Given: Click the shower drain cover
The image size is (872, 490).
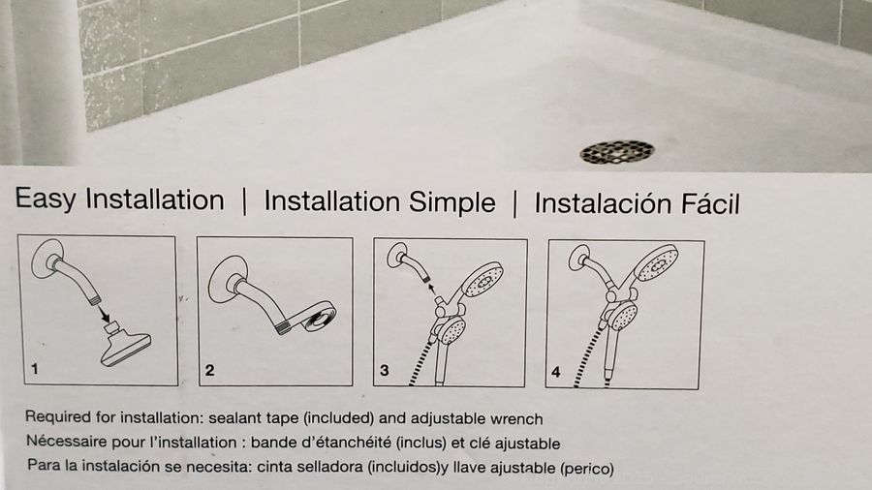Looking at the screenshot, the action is (x=617, y=152).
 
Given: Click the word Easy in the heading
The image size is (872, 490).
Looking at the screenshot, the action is (x=46, y=199).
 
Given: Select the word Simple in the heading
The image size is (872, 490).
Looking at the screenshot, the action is (x=452, y=202).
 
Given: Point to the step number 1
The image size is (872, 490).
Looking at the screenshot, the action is (x=35, y=369).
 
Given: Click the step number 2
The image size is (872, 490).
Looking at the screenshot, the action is (x=209, y=370).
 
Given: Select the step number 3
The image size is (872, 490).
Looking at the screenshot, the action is (x=384, y=371).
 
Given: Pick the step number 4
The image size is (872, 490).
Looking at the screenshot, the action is (x=555, y=372).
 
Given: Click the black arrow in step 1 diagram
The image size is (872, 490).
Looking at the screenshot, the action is (x=104, y=314).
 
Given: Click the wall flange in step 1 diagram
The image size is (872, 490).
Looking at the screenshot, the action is (x=46, y=259).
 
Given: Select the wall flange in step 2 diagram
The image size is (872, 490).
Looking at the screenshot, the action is (x=224, y=280).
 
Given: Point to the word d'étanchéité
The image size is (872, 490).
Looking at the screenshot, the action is (x=341, y=443).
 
